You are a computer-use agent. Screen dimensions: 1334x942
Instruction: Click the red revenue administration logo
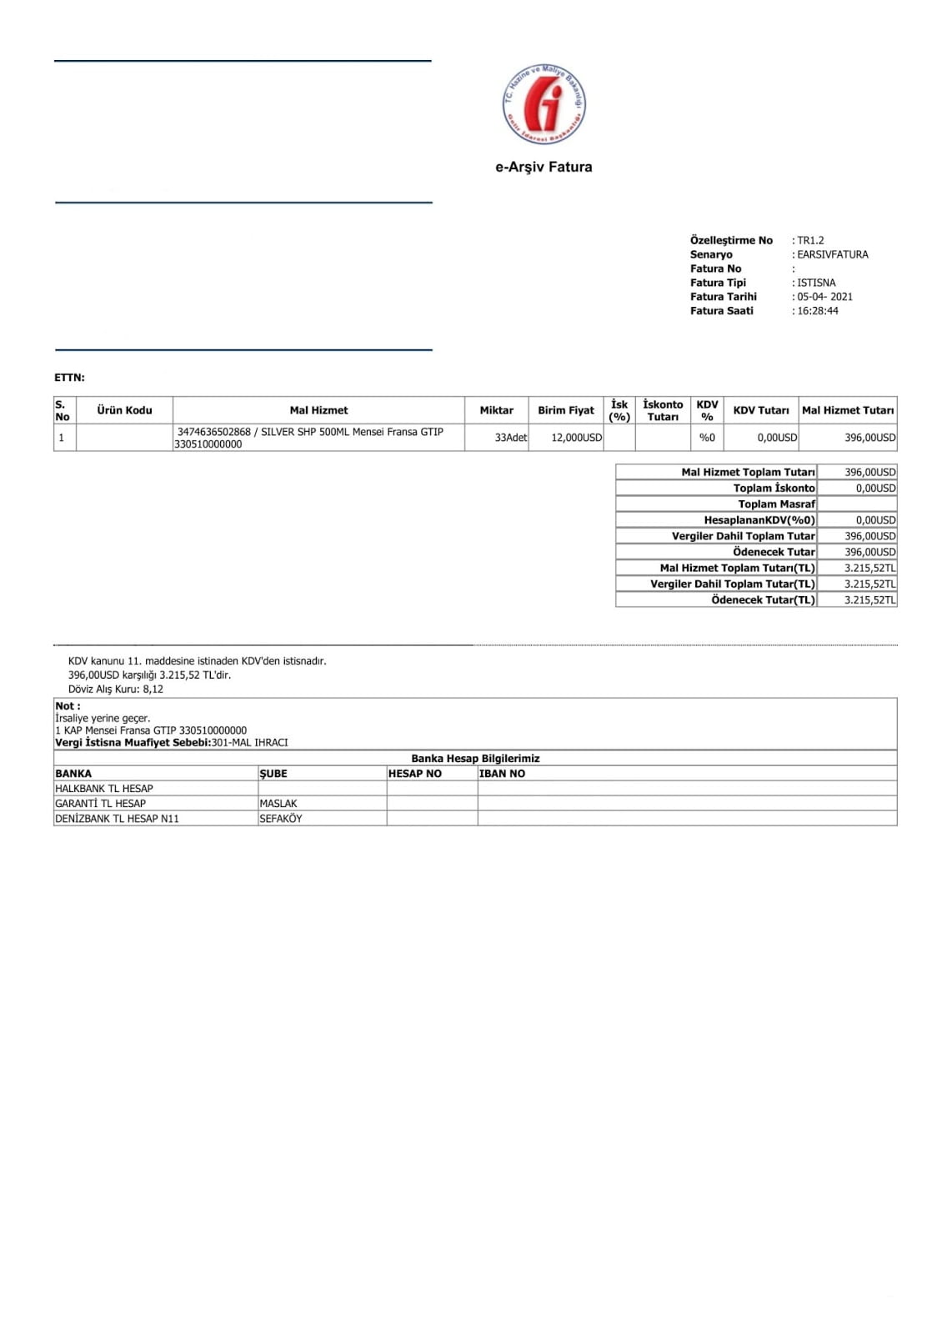[544, 103]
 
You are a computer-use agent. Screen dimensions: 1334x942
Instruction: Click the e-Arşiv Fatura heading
[544, 167]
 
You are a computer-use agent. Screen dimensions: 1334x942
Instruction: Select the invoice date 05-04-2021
[824, 297]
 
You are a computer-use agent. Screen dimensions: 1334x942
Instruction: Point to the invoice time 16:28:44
[817, 311]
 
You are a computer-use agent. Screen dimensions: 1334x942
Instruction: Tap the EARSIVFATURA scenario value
[832, 254]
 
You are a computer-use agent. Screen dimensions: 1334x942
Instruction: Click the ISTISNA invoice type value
[815, 283]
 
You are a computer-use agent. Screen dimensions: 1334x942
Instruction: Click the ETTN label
[69, 378]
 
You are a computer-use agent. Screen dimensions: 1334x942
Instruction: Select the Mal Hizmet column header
[318, 410]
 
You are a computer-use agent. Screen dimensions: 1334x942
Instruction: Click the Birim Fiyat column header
[565, 410]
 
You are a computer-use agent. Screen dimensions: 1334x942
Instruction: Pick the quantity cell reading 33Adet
[510, 438]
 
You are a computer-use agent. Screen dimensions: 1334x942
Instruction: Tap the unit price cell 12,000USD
[576, 438]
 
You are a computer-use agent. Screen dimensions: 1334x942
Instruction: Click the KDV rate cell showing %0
[707, 438]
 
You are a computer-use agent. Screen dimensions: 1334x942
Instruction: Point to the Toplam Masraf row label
[776, 504]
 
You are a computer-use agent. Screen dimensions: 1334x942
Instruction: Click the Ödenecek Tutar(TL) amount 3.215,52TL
[869, 600]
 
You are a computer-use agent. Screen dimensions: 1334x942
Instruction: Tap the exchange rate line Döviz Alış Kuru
[116, 690]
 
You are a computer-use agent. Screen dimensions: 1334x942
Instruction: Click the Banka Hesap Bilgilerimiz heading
[475, 759]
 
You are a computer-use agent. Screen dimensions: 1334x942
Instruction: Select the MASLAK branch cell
[278, 804]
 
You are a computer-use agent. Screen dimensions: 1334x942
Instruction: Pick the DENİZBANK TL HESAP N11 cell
[117, 819]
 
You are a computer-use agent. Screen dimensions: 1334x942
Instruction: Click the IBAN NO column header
[502, 774]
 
